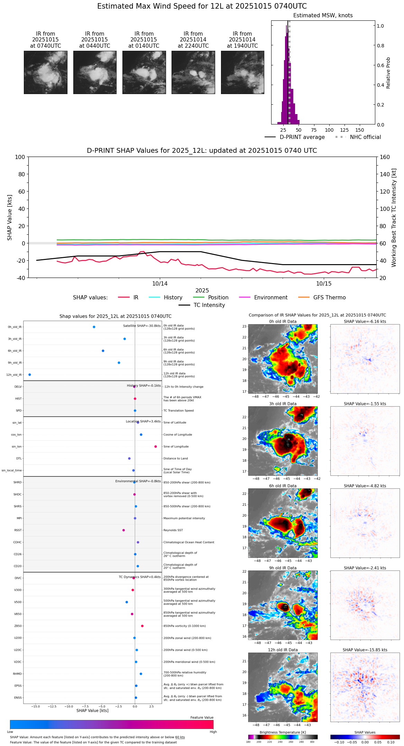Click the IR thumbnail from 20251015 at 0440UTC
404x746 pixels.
[x=95, y=72]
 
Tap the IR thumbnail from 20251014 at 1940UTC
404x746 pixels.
[x=242, y=72]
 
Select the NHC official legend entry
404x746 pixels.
[x=358, y=137]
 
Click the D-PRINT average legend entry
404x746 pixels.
[x=295, y=137]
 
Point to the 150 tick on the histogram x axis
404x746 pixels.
[x=360, y=130]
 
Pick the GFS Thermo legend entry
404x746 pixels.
[x=322, y=298]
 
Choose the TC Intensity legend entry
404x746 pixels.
[x=202, y=305]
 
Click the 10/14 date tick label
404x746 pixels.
[x=160, y=284]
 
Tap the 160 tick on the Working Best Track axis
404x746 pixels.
[x=385, y=157]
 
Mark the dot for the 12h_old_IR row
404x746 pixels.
[x=29, y=375]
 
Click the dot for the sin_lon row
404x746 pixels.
[x=156, y=447]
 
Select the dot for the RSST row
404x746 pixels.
[x=123, y=530]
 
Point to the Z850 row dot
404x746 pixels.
[x=142, y=626]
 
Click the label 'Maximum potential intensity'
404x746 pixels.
[x=184, y=518]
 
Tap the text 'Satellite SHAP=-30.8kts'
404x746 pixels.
[x=142, y=326]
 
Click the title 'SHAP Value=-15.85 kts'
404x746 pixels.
[x=365, y=650]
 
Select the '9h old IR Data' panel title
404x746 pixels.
[x=283, y=568]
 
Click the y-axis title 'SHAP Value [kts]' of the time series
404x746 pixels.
[x=10, y=217]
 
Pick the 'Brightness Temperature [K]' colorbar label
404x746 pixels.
[x=283, y=733]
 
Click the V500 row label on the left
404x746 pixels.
[x=18, y=602]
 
